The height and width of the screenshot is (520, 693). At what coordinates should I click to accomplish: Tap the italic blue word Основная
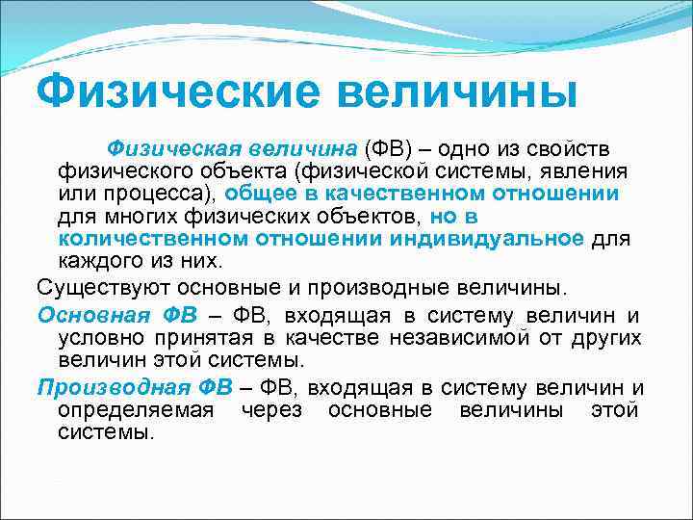coord(94,315)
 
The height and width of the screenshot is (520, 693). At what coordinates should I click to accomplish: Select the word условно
coord(98,337)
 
